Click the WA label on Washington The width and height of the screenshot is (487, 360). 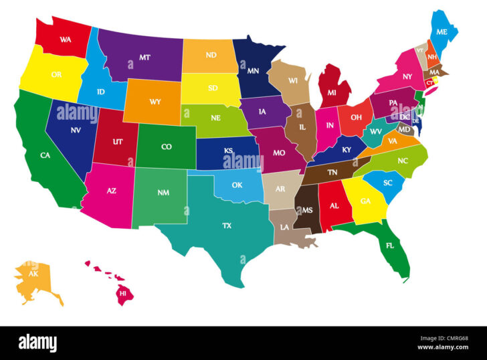[x=65, y=39]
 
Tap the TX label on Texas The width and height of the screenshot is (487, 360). [x=227, y=226]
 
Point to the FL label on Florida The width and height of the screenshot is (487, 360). [x=389, y=245]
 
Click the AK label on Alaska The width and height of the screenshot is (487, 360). [x=33, y=274]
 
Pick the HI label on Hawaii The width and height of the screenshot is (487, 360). [x=122, y=293]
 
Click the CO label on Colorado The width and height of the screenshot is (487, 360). [x=166, y=147]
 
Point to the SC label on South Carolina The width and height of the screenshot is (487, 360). [x=387, y=183]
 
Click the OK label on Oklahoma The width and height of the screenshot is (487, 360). [x=237, y=185]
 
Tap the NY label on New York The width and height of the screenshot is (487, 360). [x=407, y=76]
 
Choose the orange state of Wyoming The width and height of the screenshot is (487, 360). [x=153, y=102]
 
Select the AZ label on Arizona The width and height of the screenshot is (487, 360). [x=111, y=191]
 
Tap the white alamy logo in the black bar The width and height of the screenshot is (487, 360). [x=37, y=343]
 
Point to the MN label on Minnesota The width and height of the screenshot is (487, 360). [x=253, y=70]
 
